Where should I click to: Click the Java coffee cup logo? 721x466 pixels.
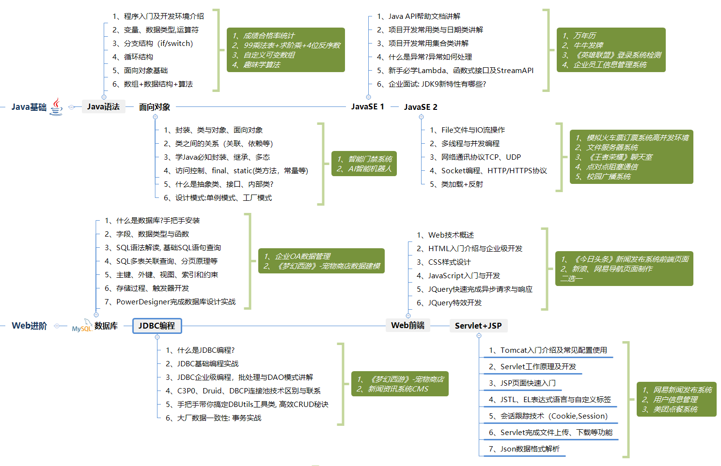57,106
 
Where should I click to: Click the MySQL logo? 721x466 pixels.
82,327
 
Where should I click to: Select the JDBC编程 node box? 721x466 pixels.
157,326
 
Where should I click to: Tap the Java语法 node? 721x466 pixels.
103,106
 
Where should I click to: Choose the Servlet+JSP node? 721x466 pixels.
478,326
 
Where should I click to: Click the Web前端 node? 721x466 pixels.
408,325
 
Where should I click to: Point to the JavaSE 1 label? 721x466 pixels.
367,106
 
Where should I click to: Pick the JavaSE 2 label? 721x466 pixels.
421,107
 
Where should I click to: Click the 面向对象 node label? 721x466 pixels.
155,107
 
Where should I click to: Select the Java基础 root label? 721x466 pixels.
29,107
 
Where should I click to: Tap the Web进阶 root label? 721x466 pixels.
30,326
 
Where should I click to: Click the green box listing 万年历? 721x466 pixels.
611,50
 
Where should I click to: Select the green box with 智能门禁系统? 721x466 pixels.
364,164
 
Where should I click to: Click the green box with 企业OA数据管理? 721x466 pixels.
322,261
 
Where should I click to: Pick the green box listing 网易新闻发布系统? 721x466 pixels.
676,399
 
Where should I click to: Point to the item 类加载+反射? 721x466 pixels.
462,184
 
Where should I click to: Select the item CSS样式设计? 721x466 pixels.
449,262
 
